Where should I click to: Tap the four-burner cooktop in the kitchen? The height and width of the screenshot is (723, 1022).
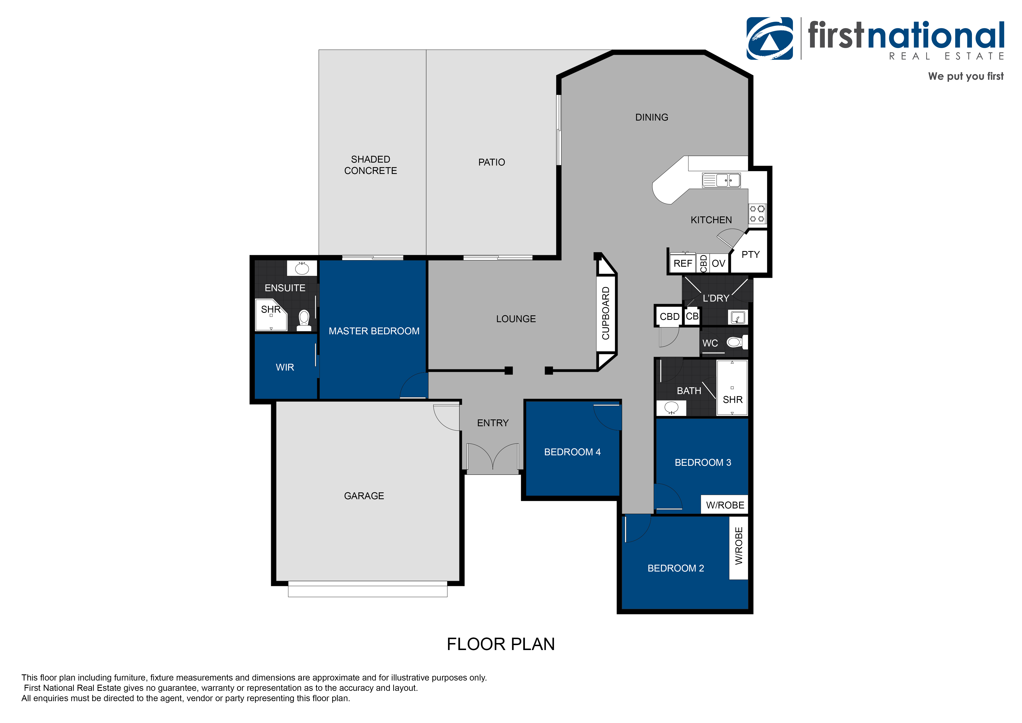point(757,214)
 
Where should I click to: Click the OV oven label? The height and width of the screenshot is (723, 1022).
point(718,264)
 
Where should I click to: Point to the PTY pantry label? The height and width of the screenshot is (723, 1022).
point(750,255)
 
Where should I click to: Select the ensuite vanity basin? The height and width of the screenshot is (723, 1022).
point(302,269)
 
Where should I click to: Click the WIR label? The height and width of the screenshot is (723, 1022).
point(285,367)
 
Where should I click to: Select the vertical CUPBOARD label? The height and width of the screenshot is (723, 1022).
point(606,313)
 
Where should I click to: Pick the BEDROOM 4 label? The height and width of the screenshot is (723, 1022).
point(572,452)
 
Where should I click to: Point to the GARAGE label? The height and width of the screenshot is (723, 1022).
point(364,496)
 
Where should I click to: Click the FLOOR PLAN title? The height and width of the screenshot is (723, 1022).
point(501,644)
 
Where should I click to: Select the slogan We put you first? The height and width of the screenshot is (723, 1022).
point(966,76)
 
